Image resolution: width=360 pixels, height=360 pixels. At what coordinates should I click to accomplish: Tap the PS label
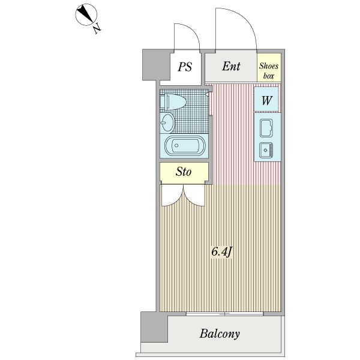coord(185,67)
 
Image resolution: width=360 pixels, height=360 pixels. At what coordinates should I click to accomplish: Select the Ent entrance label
coord(231,66)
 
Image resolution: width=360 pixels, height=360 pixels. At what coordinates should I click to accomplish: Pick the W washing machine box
coord(266,100)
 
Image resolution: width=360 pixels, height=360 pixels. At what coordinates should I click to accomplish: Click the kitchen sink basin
coord(266,128)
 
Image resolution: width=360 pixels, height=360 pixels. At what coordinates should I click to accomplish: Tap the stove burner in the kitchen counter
coord(266,149)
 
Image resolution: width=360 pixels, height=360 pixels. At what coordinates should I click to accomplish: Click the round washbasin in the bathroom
coord(167,124)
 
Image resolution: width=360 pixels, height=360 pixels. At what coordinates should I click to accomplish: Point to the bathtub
coord(184,146)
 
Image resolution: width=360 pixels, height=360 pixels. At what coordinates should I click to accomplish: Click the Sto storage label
coord(184,172)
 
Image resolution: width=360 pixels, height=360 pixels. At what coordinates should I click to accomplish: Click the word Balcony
coord(220,334)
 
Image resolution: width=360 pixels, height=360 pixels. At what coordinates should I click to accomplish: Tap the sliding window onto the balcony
coord(224,314)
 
